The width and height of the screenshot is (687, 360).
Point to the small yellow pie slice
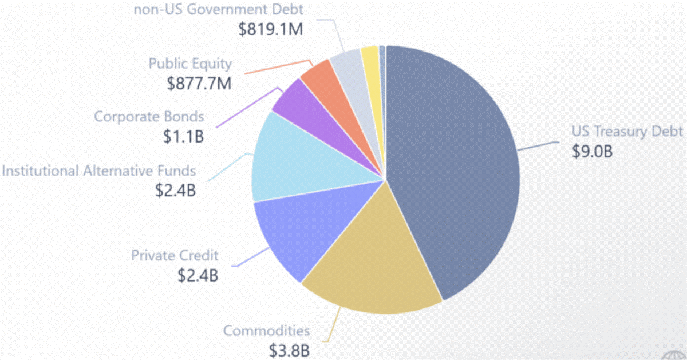370,56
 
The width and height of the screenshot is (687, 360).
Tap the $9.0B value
593,152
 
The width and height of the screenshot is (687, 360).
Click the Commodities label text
267,330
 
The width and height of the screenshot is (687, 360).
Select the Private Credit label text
175,255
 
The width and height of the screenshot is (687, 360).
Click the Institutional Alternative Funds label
98,171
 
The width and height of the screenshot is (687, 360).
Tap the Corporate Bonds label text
149,117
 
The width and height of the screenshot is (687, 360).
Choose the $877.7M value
199,83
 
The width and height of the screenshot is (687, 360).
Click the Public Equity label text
191,64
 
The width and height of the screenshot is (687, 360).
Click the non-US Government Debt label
219,9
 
